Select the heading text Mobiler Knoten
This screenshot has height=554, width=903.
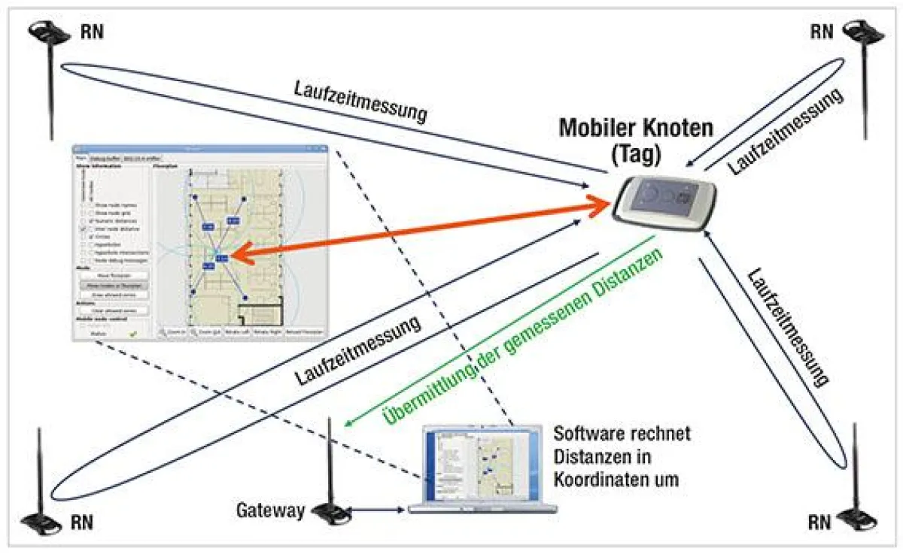pos(636,127)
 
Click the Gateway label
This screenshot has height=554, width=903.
pos(271,511)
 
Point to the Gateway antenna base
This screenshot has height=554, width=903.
pos(331,513)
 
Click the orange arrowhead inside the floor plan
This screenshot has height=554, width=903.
pos(235,256)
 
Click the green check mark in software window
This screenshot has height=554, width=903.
pos(133,333)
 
